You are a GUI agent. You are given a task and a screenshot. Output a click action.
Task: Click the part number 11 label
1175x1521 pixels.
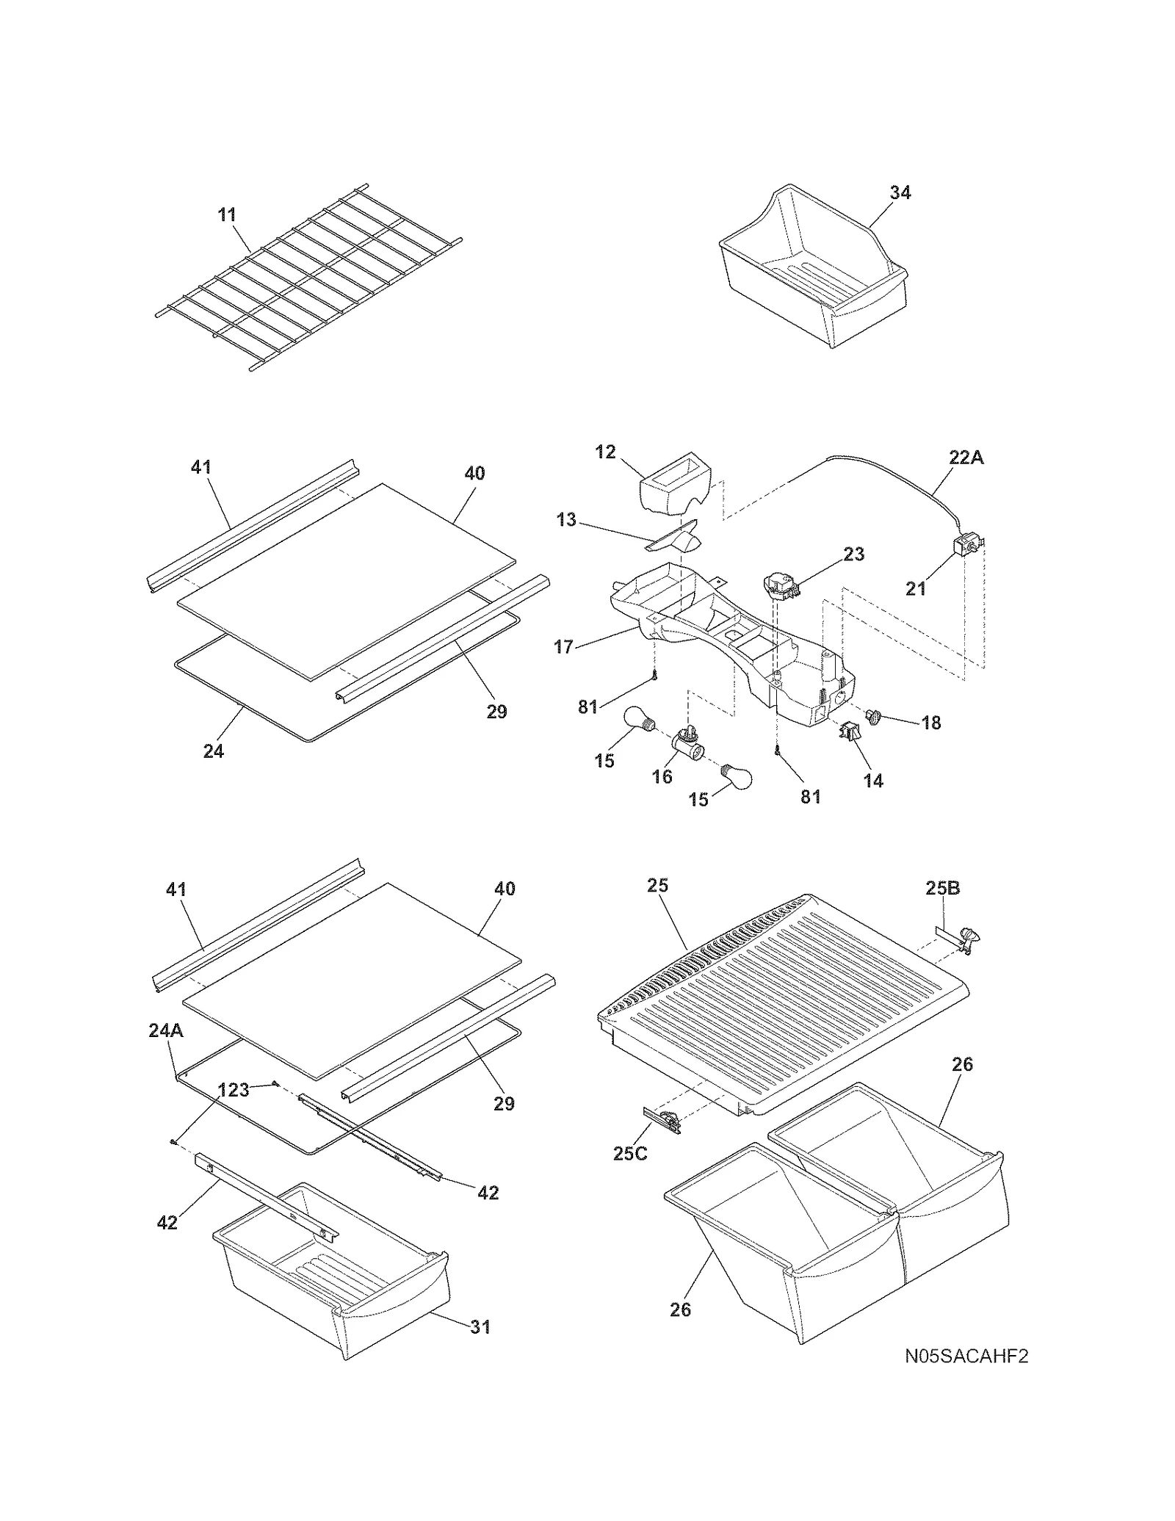coord(227,214)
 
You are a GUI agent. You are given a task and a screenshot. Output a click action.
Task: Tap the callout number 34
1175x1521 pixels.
coord(900,192)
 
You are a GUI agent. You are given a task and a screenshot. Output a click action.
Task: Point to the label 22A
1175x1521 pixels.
coord(966,458)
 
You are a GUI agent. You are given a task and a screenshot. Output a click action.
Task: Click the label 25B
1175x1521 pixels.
coord(942,888)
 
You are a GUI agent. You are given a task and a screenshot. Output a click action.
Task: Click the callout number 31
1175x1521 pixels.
coord(480,1326)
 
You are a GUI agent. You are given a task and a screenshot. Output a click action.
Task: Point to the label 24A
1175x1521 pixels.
coord(166,1030)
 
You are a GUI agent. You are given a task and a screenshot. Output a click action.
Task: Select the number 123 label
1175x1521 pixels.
coord(234,1090)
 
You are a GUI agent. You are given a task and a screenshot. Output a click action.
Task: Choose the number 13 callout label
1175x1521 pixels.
coord(565,520)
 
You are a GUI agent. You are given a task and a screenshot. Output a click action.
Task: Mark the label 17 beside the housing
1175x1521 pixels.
coord(563,647)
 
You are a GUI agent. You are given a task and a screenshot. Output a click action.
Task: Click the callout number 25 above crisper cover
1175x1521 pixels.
coord(657,885)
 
